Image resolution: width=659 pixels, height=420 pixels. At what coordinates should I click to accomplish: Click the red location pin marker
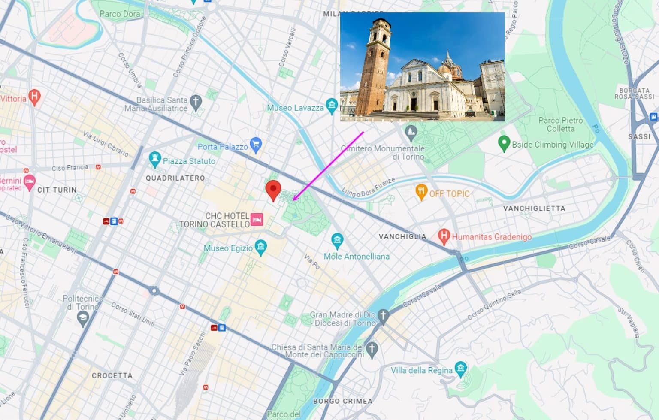(x=273, y=190)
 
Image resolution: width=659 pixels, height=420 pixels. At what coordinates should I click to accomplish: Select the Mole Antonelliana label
(x=357, y=257)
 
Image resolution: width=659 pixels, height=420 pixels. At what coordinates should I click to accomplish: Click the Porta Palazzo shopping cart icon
(x=256, y=145)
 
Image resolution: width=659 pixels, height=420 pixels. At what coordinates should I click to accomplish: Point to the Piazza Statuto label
(x=189, y=161)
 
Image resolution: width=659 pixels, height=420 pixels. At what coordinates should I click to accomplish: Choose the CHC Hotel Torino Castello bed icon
(x=257, y=220)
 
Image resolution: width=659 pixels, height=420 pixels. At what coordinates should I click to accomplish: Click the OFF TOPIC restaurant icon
(x=421, y=192)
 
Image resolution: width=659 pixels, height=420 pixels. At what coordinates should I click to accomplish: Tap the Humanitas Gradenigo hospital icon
(x=444, y=236)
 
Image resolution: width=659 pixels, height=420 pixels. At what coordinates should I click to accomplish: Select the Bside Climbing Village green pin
(x=504, y=143)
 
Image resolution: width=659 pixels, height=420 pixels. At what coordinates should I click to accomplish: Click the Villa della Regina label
(x=421, y=370)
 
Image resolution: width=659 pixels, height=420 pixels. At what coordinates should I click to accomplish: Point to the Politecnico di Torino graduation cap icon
(x=83, y=318)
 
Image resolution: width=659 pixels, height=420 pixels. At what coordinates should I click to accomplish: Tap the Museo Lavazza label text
(x=295, y=108)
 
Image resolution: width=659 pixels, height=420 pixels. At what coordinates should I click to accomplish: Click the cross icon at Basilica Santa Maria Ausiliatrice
(x=196, y=102)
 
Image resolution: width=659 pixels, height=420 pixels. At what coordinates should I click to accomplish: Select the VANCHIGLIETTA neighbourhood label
(x=534, y=208)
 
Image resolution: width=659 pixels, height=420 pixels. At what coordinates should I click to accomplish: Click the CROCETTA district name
(x=112, y=375)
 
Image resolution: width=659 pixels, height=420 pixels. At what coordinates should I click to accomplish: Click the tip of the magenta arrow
(x=293, y=200)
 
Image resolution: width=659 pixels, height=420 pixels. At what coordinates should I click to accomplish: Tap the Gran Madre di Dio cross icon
(x=383, y=316)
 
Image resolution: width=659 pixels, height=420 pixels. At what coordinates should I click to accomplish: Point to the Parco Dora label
(x=120, y=14)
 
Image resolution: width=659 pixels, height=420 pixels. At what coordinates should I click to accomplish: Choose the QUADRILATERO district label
(x=175, y=178)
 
